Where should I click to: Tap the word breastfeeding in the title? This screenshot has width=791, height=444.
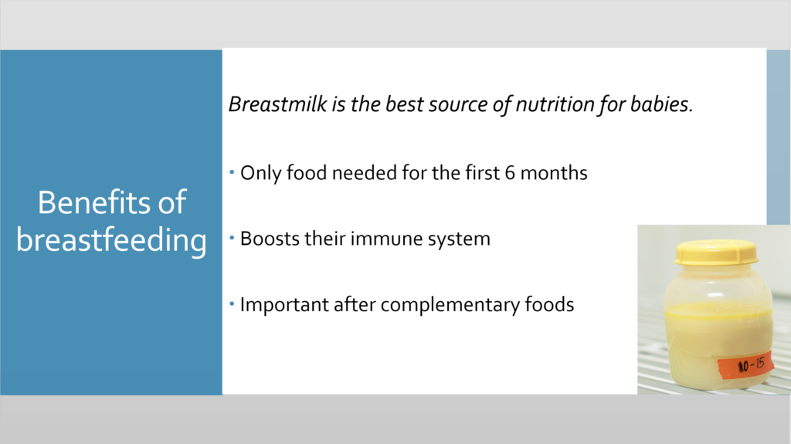[111, 241]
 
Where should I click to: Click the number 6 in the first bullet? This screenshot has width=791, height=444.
[510, 173]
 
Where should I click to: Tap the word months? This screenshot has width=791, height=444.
[554, 173]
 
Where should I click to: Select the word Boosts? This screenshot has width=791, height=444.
[270, 239]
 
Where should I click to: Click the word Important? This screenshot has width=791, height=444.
[284, 305]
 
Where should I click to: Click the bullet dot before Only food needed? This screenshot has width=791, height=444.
[232, 172]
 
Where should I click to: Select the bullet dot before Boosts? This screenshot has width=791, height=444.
[232, 238]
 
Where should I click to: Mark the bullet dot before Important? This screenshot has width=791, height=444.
[232, 304]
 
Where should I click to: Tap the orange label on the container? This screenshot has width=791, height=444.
[746, 364]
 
